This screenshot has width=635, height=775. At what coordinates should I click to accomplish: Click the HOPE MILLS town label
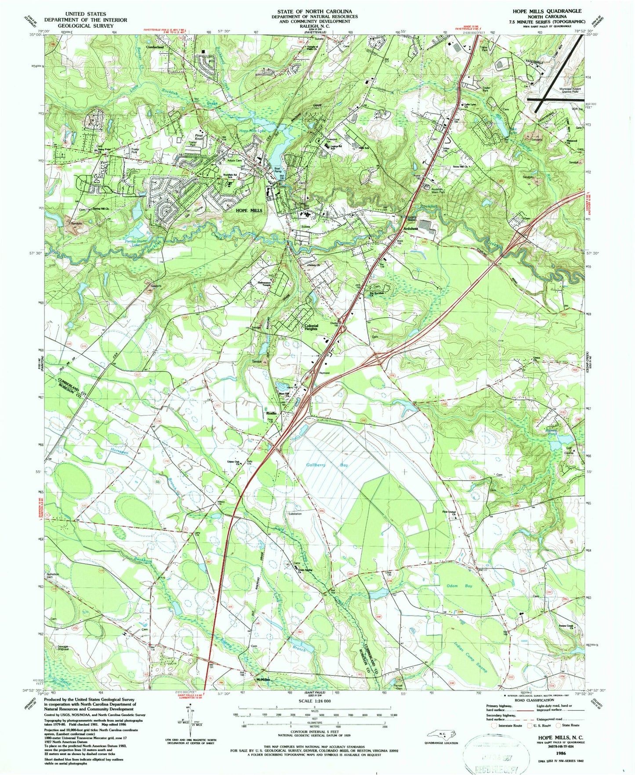249,210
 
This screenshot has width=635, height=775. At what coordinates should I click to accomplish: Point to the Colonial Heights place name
311,327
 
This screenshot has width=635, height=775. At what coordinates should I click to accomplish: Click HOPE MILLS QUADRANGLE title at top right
551,11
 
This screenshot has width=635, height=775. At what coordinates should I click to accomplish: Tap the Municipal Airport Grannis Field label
570,91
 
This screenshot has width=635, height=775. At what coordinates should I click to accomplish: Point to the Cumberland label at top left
154,47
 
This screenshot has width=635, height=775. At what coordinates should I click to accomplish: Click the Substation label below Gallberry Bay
294,513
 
